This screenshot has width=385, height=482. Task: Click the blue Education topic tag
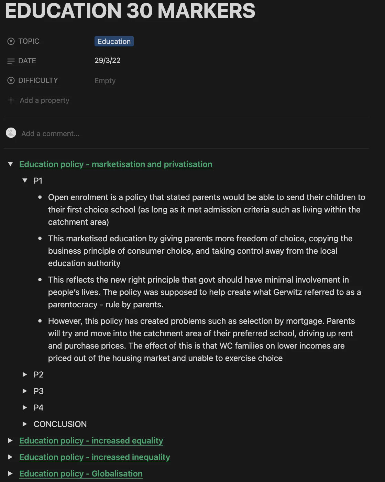pyautogui.click(x=114, y=42)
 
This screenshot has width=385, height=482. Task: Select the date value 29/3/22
pyautogui.click(x=107, y=61)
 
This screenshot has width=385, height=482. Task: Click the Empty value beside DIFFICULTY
pyautogui.click(x=105, y=81)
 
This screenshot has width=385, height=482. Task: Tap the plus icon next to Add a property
pyautogui.click(x=11, y=100)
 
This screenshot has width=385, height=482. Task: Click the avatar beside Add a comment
pyautogui.click(x=11, y=133)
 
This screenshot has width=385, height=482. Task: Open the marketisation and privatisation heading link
pyautogui.click(x=115, y=164)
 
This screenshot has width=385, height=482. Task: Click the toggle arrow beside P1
pyautogui.click(x=25, y=180)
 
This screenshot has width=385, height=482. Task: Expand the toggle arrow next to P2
pyautogui.click(x=25, y=374)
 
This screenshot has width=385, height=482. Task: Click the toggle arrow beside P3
pyautogui.click(x=25, y=391)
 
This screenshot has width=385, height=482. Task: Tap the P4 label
pyautogui.click(x=38, y=408)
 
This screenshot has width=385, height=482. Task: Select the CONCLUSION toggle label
pyautogui.click(x=60, y=424)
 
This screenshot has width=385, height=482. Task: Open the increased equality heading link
pyautogui.click(x=91, y=441)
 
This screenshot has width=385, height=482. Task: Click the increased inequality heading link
pyautogui.click(x=95, y=457)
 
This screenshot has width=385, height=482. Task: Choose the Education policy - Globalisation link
pyautogui.click(x=81, y=474)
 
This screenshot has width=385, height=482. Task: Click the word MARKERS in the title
pyautogui.click(x=206, y=11)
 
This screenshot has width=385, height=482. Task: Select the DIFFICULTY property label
pyautogui.click(x=38, y=80)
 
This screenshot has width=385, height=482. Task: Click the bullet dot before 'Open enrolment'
pyautogui.click(x=40, y=197)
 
